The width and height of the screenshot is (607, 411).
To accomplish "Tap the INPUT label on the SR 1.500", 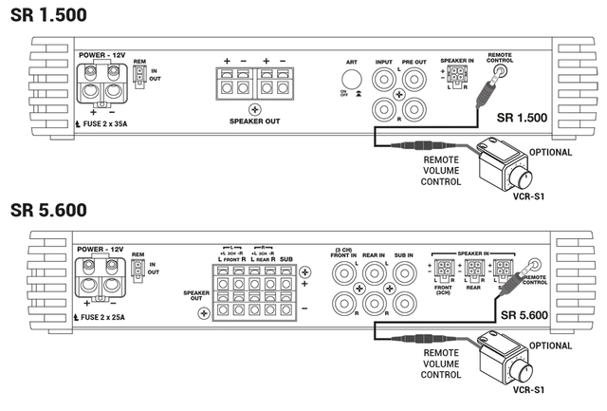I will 384,63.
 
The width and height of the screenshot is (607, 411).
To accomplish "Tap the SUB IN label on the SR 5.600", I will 405,254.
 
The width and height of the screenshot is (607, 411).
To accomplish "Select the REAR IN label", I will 375,254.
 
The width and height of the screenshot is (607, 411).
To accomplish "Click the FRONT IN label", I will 343,254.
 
